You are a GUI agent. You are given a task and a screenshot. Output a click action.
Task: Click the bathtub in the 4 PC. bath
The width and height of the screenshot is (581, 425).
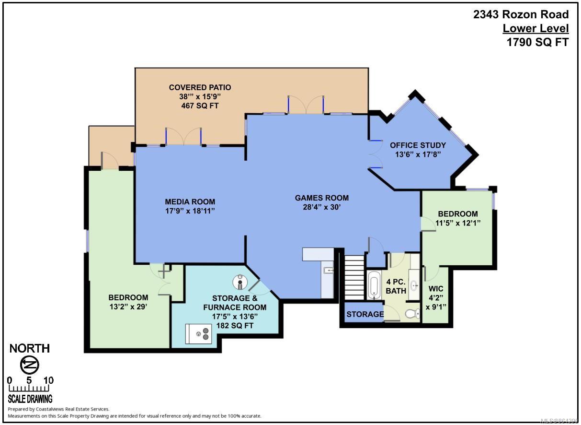(374, 285)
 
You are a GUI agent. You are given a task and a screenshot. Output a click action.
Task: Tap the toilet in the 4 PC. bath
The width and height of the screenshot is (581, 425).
(413, 314)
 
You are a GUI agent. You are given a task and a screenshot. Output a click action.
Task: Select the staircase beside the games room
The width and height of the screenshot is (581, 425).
(354, 277)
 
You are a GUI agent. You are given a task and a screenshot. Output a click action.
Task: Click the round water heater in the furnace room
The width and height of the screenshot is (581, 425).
(240, 282)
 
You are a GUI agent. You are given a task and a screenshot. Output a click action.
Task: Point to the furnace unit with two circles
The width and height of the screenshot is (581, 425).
(199, 333)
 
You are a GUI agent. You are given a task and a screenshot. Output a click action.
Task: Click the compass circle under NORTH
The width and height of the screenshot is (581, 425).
(30, 365)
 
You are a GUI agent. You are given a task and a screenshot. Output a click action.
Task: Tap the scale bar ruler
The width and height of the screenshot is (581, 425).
(29, 388)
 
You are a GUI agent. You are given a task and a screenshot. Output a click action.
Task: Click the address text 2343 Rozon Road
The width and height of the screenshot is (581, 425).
(521, 14)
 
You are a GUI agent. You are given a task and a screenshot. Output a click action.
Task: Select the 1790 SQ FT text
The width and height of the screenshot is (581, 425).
(538, 42)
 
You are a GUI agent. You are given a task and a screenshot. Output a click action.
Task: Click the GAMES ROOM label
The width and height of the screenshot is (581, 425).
(321, 198)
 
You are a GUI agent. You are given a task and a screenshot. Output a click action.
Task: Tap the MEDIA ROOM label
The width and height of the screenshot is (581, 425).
(190, 201)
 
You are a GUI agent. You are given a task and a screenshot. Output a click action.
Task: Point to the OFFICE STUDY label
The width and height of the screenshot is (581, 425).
(418, 145)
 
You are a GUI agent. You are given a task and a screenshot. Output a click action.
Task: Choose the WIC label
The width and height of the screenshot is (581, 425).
(436, 289)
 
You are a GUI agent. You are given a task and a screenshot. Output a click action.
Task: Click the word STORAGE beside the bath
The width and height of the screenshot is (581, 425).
(365, 314)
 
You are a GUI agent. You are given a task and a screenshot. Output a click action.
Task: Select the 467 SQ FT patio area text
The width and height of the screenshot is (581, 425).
(200, 106)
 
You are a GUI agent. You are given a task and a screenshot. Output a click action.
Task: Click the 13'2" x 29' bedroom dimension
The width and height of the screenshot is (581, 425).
(128, 307)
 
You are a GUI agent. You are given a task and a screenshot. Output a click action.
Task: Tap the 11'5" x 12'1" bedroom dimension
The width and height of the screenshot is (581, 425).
(458, 223)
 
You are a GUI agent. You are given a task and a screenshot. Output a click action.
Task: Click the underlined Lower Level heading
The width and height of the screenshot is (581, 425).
(535, 28)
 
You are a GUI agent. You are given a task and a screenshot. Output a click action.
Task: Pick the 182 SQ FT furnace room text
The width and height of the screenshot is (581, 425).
(235, 326)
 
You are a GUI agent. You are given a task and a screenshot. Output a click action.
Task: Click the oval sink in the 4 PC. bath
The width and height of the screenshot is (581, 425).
(414, 285)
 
